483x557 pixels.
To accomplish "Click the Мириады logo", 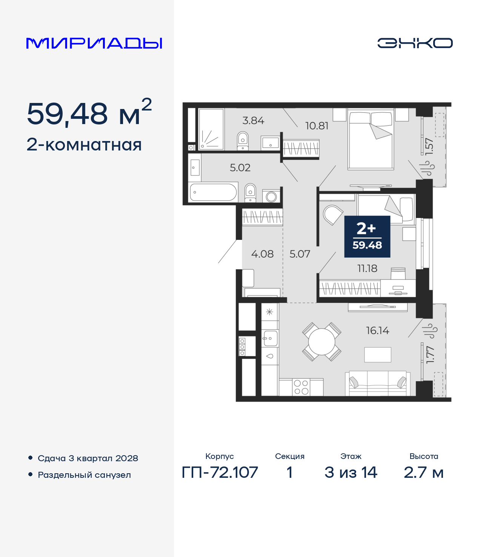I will click(94, 43).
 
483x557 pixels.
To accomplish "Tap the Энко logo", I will click(415, 43).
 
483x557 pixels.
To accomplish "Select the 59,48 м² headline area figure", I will click(89, 114).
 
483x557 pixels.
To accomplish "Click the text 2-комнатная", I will click(84, 145).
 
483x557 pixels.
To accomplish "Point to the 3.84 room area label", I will click(253, 121).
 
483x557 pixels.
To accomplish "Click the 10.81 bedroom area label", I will click(317, 126).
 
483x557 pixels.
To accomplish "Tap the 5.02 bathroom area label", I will click(240, 167).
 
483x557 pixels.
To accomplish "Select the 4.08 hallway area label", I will click(262, 254).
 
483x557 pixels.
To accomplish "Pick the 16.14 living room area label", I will click(377, 330).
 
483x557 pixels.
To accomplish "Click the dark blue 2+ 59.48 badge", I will click(367, 236).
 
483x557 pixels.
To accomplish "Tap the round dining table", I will click(321, 342).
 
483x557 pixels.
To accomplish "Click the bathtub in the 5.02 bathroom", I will click(213, 192).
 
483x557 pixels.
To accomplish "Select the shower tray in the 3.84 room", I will click(211, 129).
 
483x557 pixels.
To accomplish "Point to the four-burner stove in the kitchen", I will click(301, 387).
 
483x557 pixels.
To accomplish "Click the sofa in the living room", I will click(378, 383).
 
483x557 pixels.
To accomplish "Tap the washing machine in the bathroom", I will click(271, 196).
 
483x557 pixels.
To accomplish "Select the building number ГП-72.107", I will click(220, 472).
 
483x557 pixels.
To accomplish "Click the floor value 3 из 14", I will click(351, 472).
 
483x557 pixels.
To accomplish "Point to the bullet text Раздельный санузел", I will click(84, 475).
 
